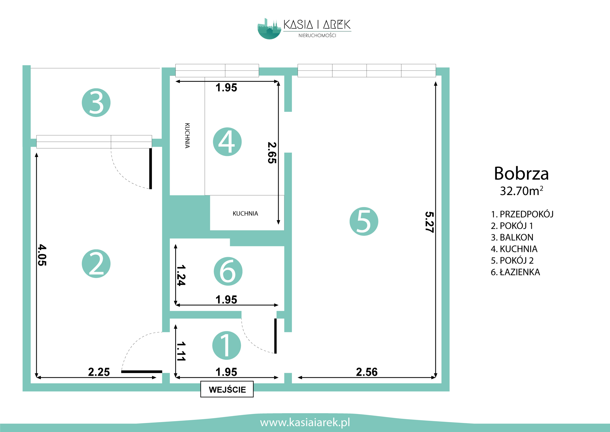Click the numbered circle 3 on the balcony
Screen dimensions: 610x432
(x=96, y=103)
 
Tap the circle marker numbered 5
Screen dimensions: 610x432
(x=364, y=221)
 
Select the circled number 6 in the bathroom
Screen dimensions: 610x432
(x=228, y=271)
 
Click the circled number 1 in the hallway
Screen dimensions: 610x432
(x=227, y=345)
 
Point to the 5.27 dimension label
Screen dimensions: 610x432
(x=429, y=222)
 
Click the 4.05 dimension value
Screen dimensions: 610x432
(x=42, y=255)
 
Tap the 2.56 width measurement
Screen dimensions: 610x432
(x=367, y=372)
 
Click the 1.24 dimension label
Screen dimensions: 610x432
(x=181, y=275)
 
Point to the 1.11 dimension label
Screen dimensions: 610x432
(x=181, y=351)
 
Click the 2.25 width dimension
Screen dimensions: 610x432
(x=99, y=372)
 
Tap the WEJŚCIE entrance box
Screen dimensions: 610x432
(x=227, y=389)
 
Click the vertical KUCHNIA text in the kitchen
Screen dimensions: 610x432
(x=187, y=136)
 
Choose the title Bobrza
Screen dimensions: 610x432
(x=521, y=173)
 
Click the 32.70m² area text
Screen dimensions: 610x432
(x=521, y=191)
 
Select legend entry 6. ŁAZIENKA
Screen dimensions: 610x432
(x=515, y=272)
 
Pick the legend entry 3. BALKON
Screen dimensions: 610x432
(x=512, y=237)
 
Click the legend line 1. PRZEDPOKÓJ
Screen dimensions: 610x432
(x=522, y=214)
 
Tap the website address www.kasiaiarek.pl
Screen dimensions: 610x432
(x=305, y=422)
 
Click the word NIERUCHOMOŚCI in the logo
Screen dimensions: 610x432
(x=317, y=35)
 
